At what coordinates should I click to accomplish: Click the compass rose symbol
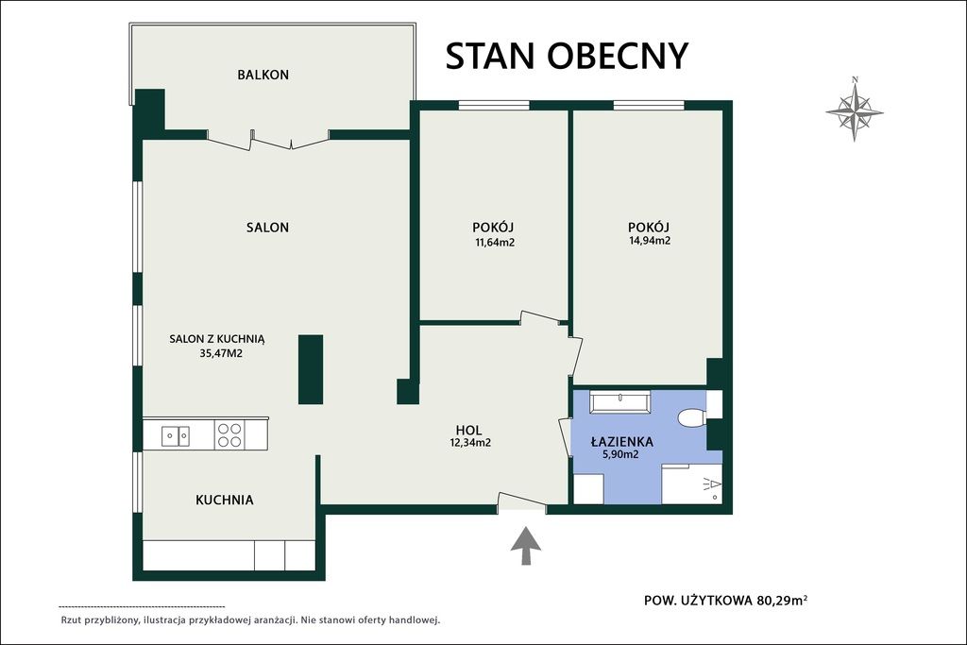coord(855,110)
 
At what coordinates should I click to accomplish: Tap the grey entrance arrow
coord(526,545)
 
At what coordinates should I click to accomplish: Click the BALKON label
coord(263,75)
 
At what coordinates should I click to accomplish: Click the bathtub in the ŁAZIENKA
coord(619,402)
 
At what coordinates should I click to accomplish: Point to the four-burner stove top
coord(229,434)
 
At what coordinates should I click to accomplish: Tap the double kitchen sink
coord(176,436)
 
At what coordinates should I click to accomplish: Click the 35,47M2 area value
coord(221,354)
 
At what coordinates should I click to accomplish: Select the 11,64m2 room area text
coord(495,243)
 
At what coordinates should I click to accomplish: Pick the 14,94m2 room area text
coord(650,241)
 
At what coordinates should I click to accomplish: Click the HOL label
coord(468,430)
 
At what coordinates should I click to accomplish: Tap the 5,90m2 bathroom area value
coord(620,455)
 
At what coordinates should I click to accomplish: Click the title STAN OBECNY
coord(567,56)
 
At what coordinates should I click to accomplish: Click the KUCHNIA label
coord(225,501)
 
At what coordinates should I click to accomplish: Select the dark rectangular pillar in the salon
coord(311,369)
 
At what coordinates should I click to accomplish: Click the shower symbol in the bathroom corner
coord(711,486)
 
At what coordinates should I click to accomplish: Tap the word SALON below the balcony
coord(267,228)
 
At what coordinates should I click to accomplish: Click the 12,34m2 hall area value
coord(470,442)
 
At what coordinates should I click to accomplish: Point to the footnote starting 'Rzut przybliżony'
coord(249,620)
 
